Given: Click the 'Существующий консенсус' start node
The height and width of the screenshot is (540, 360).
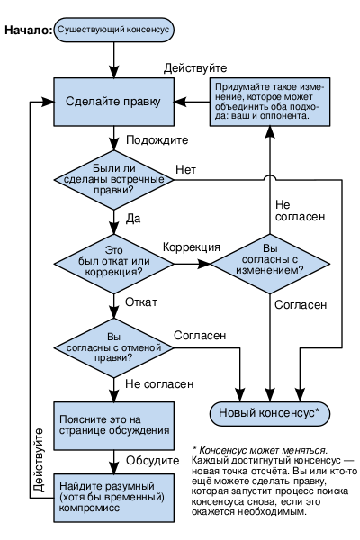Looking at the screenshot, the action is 113,30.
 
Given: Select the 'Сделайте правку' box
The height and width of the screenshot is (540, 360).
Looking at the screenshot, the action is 113,102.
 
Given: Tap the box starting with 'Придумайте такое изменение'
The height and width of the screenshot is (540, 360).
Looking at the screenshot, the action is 270,102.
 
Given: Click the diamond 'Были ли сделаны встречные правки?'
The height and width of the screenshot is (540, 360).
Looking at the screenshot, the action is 113,180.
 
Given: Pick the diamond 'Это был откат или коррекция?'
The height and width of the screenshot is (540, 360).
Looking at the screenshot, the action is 113,264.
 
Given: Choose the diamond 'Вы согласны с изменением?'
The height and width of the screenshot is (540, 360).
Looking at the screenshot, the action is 270,264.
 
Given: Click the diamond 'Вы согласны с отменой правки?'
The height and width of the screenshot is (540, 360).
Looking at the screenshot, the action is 113,347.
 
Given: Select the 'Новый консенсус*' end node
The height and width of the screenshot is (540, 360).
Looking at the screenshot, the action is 270,413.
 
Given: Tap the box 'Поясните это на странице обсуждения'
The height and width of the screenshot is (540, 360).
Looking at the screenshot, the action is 113,426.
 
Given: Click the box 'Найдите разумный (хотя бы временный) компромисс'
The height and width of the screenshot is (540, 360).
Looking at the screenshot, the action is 113,498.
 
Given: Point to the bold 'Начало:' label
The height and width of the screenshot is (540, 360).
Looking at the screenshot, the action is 28,31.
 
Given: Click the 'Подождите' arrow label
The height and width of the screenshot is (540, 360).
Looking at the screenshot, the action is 157,140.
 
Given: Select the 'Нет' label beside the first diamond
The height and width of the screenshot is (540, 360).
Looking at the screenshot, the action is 186,169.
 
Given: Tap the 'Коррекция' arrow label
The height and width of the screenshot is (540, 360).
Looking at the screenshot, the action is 192,247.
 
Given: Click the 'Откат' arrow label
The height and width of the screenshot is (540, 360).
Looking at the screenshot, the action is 141,302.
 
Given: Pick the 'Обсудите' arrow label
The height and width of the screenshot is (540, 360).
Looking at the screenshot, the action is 153,461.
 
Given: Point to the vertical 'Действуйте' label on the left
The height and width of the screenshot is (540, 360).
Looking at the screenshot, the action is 39,460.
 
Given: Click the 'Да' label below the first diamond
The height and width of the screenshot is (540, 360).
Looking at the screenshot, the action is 133,219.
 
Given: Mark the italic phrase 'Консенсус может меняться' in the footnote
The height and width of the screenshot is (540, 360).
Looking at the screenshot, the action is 263,450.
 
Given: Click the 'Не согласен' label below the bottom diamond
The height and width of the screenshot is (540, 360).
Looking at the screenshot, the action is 159,384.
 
